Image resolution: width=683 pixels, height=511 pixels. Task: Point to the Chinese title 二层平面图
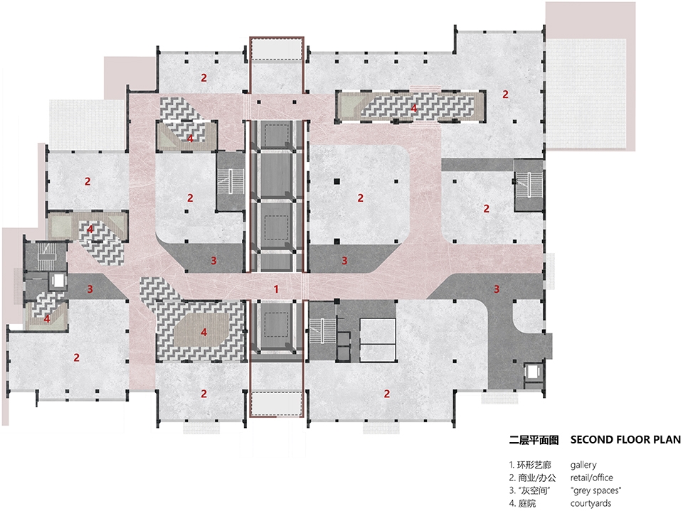click(529, 439)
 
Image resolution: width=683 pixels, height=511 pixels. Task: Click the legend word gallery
click(583, 465)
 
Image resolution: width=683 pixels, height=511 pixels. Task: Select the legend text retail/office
click(591, 478)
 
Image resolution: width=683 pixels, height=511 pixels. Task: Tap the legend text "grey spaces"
click(595, 490)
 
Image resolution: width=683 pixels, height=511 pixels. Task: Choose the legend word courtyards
click(591, 503)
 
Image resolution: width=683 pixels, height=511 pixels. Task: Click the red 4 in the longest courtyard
click(414, 108)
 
